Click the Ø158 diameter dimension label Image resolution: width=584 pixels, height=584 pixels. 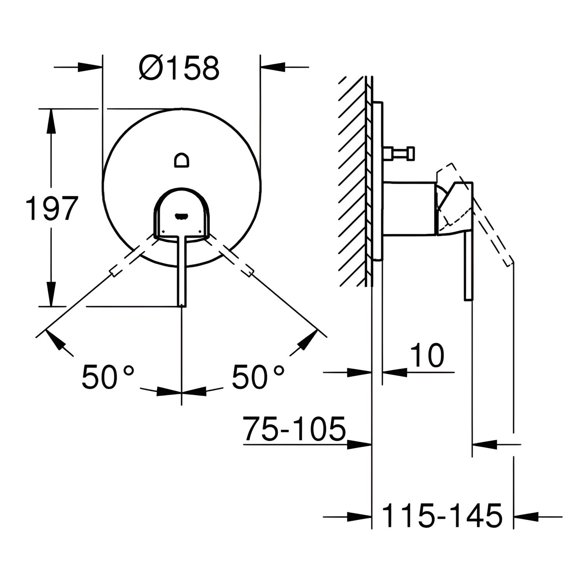[179, 68]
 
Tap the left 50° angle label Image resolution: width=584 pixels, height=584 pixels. [108, 376]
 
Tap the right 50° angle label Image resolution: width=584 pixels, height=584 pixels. [258, 376]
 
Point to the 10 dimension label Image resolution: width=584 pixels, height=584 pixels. [427, 355]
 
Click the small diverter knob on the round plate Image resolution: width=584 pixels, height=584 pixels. [182, 160]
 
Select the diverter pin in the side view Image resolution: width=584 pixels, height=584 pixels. [399, 153]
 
